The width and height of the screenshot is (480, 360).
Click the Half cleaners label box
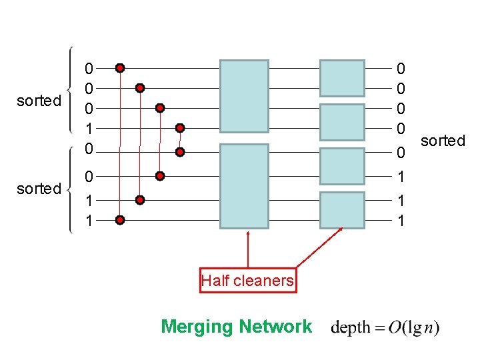click(x=247, y=281)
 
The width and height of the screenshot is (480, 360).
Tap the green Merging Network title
click(x=236, y=327)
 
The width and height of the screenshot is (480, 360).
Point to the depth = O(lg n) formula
click(x=385, y=327)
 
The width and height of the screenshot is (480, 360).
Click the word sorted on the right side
click(x=443, y=141)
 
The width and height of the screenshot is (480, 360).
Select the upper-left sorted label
click(x=39, y=101)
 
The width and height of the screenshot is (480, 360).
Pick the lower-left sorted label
click(x=39, y=189)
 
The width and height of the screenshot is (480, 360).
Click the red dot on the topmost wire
click(x=119, y=67)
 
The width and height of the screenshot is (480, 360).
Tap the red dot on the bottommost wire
click(x=119, y=219)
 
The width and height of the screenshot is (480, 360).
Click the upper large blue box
click(x=244, y=96)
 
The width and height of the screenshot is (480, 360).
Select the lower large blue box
click(x=244, y=187)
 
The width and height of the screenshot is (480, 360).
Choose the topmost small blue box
click(x=342, y=78)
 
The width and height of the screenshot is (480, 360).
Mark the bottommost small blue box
click(x=342, y=210)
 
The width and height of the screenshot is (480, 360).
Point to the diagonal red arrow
click(x=319, y=248)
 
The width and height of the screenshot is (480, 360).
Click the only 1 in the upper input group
click(x=89, y=127)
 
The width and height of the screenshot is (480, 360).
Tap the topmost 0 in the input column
click(x=89, y=68)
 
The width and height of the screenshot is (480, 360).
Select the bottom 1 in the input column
click(x=89, y=219)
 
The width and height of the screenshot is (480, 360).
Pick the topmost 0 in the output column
click(x=400, y=68)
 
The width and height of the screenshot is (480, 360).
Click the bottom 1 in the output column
click(x=400, y=219)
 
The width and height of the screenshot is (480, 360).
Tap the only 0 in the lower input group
click(x=89, y=177)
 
